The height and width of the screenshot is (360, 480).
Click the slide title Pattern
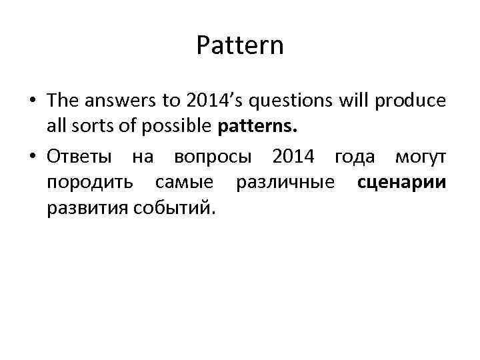240,46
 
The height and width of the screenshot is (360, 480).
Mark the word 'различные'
287,183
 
